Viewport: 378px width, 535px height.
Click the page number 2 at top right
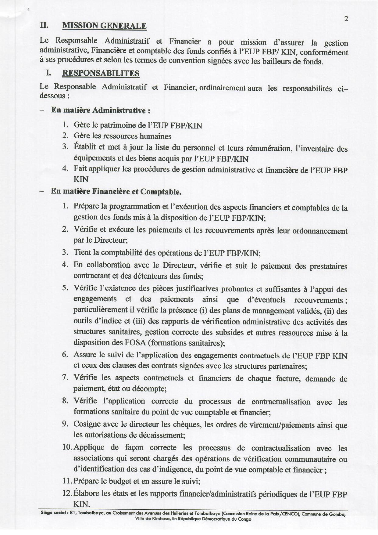(346, 19)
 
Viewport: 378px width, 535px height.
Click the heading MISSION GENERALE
(104, 26)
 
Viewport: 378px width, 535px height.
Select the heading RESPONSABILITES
(101, 73)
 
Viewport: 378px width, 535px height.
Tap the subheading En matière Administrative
(100, 110)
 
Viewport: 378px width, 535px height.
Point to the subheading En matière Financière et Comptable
(116, 192)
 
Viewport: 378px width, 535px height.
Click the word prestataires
(328, 266)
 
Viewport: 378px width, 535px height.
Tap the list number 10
(67, 447)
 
